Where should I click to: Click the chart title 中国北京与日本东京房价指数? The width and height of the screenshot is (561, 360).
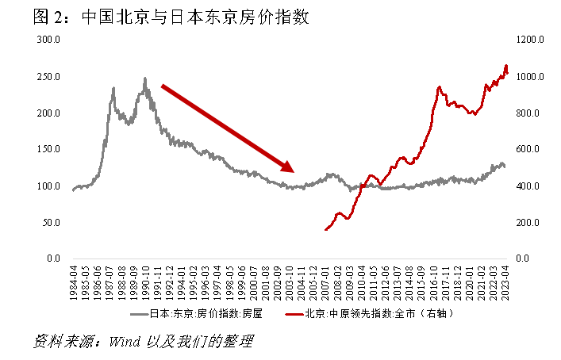point(188,17)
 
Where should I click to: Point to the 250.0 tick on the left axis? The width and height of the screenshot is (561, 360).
point(49,77)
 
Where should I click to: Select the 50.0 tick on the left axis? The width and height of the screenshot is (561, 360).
point(52,222)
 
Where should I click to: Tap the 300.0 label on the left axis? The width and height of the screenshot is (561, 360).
point(49,40)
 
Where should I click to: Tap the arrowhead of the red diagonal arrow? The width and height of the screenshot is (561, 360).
point(290,168)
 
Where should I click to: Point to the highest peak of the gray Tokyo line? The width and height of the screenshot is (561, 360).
point(144,78)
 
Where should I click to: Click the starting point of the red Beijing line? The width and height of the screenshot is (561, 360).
point(325,230)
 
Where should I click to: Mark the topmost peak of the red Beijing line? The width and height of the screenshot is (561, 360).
point(506,65)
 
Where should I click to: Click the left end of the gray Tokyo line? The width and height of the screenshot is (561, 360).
point(72,190)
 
